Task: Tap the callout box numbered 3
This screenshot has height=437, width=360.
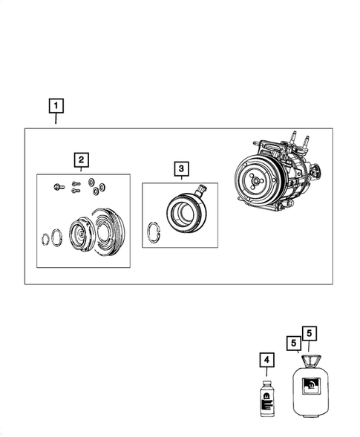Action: pos(180,170)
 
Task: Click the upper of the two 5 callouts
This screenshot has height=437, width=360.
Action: pos(309,333)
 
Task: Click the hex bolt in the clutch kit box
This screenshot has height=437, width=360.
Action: pos(59,185)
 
